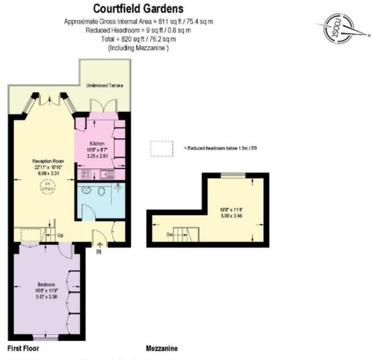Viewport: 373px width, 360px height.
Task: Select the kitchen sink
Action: point(106,175)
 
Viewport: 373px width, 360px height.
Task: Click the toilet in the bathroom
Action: point(101,193)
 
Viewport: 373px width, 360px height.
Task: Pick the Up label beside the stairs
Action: point(60,234)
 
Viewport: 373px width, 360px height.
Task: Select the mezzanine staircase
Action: point(185,233)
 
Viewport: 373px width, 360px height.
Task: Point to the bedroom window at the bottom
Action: point(46,337)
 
